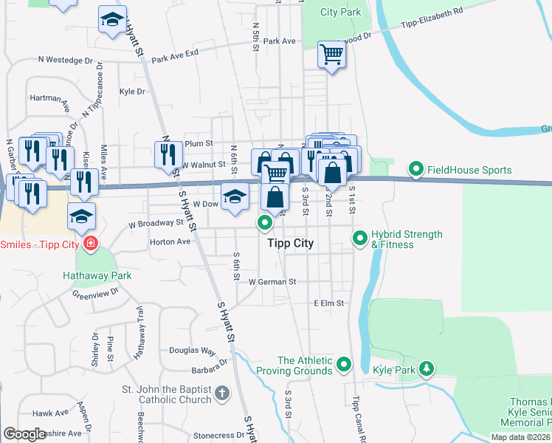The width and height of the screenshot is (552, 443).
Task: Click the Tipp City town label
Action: coord(289,243)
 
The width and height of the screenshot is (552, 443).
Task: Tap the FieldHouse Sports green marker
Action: coord(415,171)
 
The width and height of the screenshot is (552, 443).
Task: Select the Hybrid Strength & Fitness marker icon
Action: coord(359,238)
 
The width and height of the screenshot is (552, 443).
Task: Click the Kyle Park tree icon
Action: coord(426,368)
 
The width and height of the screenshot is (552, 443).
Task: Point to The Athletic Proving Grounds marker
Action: coord(343,364)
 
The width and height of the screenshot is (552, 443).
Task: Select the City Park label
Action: coord(342,12)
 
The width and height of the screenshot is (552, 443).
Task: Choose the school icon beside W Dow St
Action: coord(235,197)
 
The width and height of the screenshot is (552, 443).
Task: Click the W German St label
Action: coord(272,281)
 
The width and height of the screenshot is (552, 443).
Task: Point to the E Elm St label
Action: coord(330,303)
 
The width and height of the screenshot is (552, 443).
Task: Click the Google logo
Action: coord(24,434)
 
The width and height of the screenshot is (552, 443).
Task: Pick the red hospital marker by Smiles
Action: coord(90,244)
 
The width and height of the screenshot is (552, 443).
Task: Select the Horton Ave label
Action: coord(170,241)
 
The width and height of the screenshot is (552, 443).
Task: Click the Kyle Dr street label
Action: coord(132,92)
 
